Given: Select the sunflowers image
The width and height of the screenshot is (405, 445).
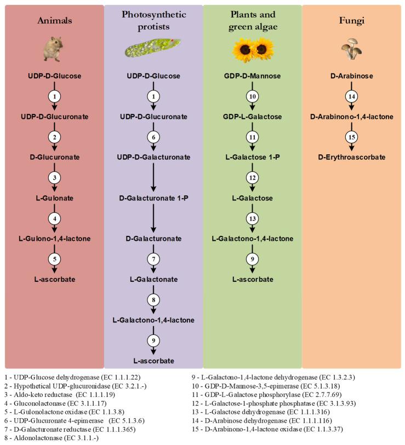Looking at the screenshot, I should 252,50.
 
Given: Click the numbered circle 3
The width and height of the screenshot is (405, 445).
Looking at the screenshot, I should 54,177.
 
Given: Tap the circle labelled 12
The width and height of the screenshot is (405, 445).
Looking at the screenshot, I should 252,177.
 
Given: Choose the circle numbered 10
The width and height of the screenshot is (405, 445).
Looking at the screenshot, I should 252,96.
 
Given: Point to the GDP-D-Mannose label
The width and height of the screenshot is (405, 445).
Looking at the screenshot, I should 252,76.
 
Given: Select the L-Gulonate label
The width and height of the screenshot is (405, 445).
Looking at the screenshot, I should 54,198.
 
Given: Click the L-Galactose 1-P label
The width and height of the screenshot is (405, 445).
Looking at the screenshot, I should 252,157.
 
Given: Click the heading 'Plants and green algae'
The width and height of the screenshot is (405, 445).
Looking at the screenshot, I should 252,20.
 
